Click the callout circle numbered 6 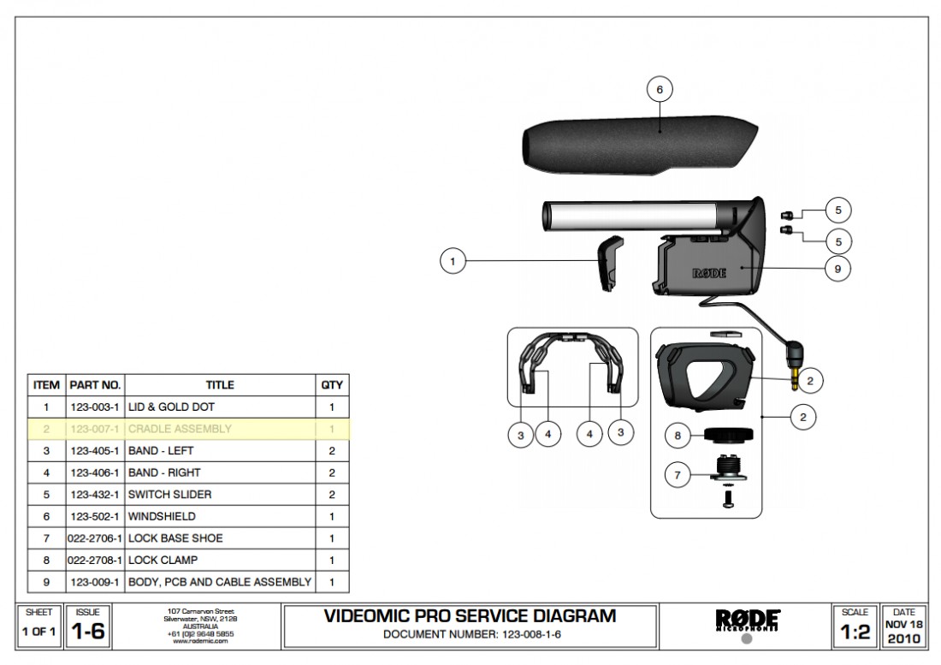pos(659,89)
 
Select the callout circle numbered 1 pos(453,261)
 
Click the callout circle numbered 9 pos(837,268)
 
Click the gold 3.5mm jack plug pos(796,374)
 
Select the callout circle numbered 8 pos(678,436)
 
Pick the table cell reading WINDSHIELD pos(162,516)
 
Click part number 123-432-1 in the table pos(94,494)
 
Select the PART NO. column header pos(94,385)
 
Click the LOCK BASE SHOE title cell pos(175,538)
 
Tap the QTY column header pos(331,385)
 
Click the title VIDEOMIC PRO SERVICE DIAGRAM pos(470,616)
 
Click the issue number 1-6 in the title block pos(87,632)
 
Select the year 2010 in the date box pos(903,638)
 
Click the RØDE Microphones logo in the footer pos(746,620)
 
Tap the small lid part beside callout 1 pos(610,264)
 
